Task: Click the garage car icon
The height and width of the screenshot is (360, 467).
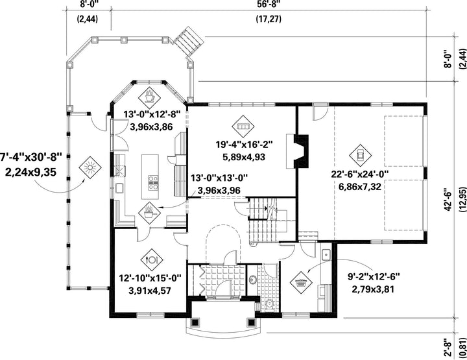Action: click(360, 155)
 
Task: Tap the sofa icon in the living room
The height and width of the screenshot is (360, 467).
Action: click(243, 126)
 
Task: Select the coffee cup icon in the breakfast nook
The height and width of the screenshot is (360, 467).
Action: click(149, 98)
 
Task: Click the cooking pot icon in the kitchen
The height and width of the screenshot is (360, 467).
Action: click(149, 213)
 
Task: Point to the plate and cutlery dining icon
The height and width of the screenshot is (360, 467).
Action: click(152, 259)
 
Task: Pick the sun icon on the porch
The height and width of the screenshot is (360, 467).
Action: click(90, 168)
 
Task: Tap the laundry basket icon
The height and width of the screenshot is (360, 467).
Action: click(301, 282)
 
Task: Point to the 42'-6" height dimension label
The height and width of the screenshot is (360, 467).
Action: click(448, 200)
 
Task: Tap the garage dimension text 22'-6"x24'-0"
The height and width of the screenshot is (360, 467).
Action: click(360, 174)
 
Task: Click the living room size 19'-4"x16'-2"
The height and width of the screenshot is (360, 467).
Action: click(245, 145)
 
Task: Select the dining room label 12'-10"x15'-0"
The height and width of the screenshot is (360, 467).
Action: click(150, 278)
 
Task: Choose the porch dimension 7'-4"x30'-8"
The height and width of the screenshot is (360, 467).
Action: click(30, 156)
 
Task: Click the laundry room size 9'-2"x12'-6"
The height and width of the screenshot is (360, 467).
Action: click(374, 276)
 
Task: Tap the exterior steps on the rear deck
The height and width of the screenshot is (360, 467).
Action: click(189, 42)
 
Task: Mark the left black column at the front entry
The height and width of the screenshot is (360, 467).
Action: click(195, 322)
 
